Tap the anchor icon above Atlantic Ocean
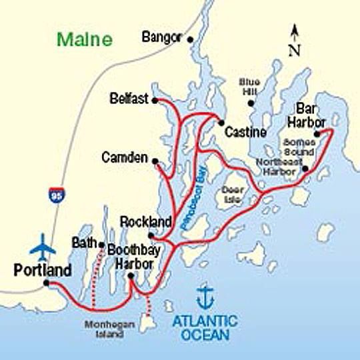pyautogui.click(x=206, y=295)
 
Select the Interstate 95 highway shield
pyautogui.click(x=54, y=196)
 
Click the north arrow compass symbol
pyautogui.click(x=295, y=39)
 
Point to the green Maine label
pyautogui.click(x=85, y=39)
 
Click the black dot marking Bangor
pyautogui.click(x=191, y=39)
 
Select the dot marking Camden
pyautogui.click(x=155, y=161)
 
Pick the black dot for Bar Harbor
pyautogui.click(x=317, y=133)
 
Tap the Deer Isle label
pyautogui.click(x=231, y=194)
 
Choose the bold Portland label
pyautogui.click(x=42, y=271)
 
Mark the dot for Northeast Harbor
pyautogui.click(x=305, y=169)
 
